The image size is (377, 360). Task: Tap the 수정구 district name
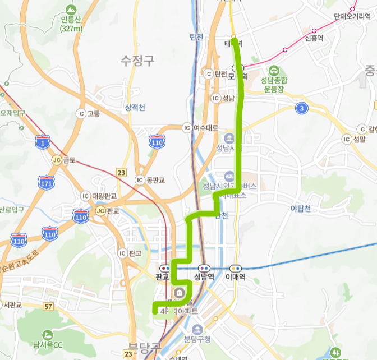pyautogui.click(x=137, y=61)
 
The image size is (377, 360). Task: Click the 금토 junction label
pyautogui.click(x=68, y=160)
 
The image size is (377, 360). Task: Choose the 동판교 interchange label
pyautogui.click(x=156, y=180)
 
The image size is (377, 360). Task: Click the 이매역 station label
pyautogui.click(x=236, y=276)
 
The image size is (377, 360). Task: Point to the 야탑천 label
pyautogui.click(x=301, y=209)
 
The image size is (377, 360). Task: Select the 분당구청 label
pyautogui.click(x=197, y=339)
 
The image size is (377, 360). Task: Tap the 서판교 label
pyautogui.click(x=12, y=305)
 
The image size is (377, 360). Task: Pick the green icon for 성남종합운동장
pyautogui.click(x=274, y=71)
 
